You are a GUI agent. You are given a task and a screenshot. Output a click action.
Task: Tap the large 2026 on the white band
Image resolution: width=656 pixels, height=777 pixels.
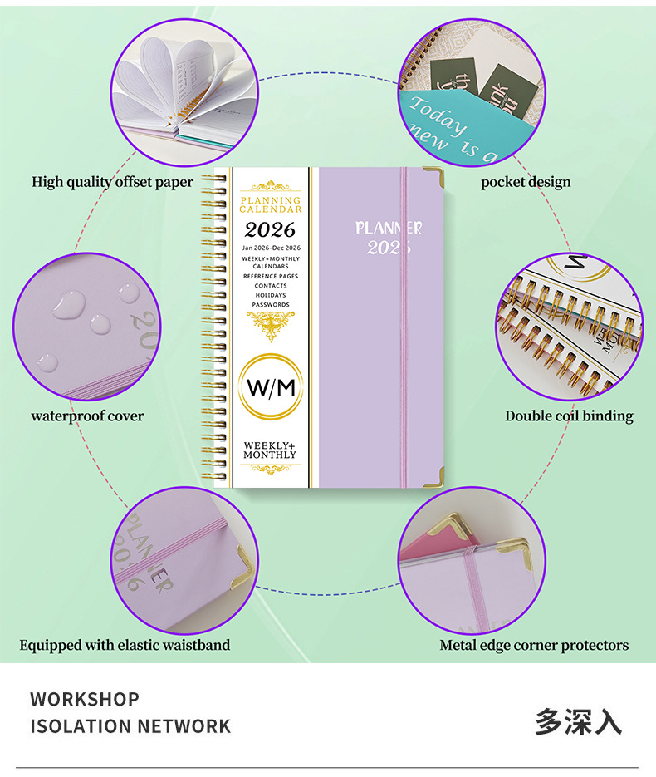point(270,230)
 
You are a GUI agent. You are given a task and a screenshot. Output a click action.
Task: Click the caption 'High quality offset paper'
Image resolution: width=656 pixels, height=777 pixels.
point(113,181)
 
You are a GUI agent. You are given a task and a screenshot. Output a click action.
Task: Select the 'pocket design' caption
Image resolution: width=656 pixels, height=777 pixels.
point(526,182)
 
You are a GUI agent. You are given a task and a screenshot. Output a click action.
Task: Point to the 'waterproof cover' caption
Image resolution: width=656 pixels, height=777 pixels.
point(87,416)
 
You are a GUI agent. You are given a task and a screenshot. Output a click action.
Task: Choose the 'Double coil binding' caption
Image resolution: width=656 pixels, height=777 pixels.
point(569,416)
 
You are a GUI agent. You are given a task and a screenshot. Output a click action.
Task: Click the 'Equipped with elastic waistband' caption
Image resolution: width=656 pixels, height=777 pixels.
point(125,645)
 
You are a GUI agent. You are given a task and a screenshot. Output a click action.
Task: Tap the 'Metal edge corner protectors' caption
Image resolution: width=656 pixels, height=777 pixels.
point(534,645)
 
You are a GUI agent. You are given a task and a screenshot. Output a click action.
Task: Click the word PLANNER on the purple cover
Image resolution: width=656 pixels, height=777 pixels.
point(389,228)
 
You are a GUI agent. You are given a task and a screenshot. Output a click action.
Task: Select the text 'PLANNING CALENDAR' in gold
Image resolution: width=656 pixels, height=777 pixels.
point(271,204)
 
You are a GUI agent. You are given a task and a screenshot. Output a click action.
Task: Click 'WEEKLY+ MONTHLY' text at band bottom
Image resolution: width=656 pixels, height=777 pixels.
point(270,450)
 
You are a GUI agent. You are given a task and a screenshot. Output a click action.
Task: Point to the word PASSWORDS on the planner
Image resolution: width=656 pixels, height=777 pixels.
point(271,305)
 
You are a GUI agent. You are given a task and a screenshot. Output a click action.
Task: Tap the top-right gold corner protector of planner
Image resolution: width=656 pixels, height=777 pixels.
point(433,176)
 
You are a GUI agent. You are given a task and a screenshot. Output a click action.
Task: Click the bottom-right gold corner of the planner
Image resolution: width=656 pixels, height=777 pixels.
point(433,477)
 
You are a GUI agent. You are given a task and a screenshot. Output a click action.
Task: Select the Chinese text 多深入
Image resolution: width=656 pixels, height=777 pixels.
point(578,720)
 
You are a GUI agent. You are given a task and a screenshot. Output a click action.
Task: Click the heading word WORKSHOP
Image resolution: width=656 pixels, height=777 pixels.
point(85,699)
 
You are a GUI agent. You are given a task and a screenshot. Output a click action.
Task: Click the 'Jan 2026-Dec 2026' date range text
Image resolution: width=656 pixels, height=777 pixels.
point(271,248)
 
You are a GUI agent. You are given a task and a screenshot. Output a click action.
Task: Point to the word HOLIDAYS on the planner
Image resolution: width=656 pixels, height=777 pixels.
point(271,295)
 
